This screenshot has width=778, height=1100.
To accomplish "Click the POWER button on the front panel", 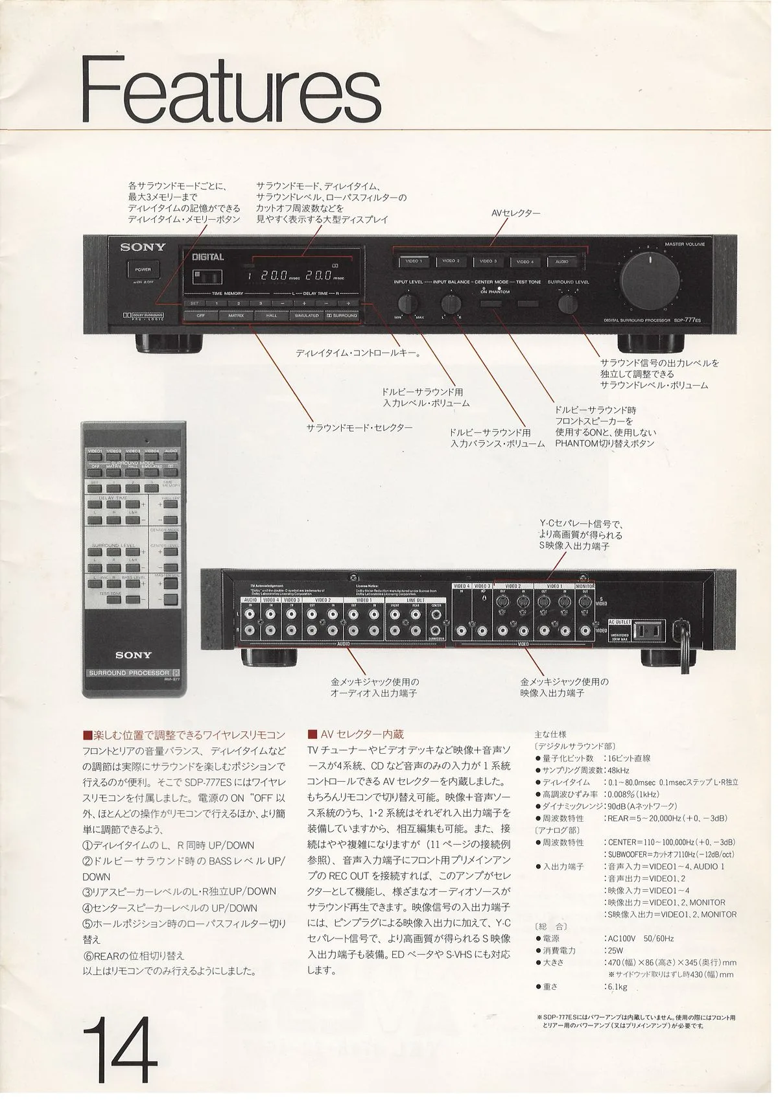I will (142, 270).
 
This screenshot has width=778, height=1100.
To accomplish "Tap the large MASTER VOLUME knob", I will (650, 280).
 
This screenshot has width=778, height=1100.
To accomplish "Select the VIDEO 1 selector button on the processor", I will (413, 261).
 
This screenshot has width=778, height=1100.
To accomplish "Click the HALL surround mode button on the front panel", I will (270, 316).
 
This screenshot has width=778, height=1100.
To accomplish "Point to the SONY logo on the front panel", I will (142, 247).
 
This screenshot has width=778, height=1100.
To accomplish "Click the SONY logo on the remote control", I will (134, 655).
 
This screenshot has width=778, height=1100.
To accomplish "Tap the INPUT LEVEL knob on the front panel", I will (408, 303).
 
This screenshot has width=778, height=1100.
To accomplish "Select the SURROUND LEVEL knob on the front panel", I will (569, 303).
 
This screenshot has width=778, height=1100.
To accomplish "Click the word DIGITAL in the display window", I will (208, 257).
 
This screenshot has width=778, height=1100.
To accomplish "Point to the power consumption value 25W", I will (612, 950).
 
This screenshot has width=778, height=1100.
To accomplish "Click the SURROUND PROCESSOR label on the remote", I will (129, 673).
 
